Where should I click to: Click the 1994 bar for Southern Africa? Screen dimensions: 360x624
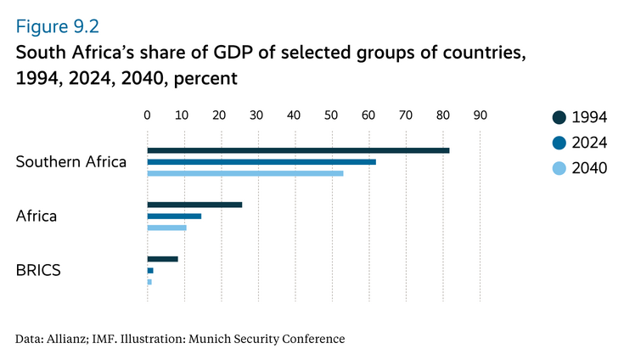coord(298,150)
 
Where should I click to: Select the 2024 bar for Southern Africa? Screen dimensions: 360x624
coord(261,161)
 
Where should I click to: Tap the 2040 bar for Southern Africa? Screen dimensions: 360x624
coord(245,173)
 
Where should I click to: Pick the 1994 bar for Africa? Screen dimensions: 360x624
coord(194,205)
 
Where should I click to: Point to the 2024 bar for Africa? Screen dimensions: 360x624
coord(174,216)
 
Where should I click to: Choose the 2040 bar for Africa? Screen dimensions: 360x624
coord(166,228)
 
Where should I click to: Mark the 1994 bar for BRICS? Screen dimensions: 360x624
coord(162,258)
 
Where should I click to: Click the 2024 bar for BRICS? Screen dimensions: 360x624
coord(150,270)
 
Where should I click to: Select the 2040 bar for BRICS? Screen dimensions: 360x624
coord(149,281)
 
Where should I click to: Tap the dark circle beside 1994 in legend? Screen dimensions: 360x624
coord(558,117)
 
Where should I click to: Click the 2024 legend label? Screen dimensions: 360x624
coord(589,143)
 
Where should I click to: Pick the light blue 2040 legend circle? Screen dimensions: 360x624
coord(558,168)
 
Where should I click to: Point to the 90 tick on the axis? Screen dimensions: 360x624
coord(480,115)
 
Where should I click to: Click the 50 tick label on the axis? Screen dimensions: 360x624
coord(332,115)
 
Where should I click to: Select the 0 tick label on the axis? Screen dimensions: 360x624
coord(147,115)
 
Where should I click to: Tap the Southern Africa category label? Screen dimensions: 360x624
coord(71,161)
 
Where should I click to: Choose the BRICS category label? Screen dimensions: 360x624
coord(37,270)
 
